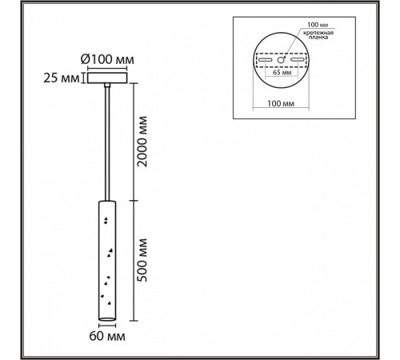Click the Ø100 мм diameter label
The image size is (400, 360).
point(107,59)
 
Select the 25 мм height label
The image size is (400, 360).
point(62,78)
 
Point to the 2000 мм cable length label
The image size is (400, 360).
point(142,142)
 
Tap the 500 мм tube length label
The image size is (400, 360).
point(142,260)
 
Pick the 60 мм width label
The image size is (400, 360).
point(107,336)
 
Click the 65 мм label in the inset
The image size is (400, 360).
point(282,72)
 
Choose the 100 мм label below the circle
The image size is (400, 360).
point(281,103)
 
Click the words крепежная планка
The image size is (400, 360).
point(318,35)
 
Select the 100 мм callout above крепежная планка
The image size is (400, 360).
point(318,25)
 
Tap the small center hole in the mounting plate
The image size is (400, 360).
point(280,60)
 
